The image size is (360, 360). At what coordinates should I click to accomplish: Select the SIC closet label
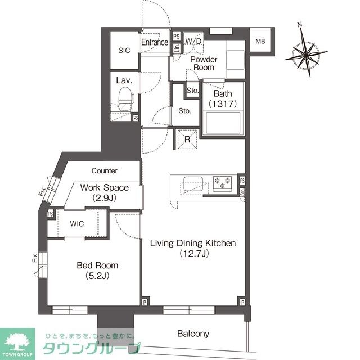click(x=124, y=50)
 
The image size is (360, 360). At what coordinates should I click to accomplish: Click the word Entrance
click(x=155, y=43)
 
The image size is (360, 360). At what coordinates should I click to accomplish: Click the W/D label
click(x=193, y=42)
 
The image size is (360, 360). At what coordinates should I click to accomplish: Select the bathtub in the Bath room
click(x=223, y=123)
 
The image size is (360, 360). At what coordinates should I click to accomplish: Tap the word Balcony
click(x=193, y=334)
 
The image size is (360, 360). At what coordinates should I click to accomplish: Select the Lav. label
click(x=123, y=80)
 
